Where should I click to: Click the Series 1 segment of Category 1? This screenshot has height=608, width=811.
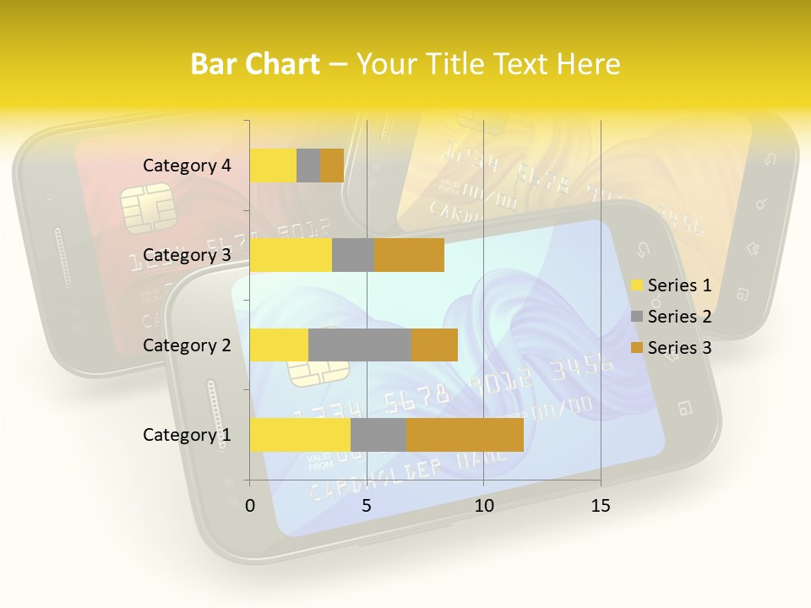pos(300,434)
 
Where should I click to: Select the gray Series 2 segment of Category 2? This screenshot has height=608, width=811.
pos(360,345)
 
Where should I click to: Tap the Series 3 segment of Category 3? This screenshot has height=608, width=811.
pos(409,255)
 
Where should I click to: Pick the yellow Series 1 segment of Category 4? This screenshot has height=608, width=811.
pos(273,166)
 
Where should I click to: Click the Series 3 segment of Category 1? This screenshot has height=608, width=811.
pos(465,434)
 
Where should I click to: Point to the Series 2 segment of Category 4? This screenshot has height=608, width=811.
pos(308,166)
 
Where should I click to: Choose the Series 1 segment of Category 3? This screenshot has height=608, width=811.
pos(291,255)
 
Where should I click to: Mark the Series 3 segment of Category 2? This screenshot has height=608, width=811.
pos(434,345)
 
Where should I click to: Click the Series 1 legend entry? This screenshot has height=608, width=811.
pos(671,285)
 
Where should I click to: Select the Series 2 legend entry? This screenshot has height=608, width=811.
pos(671,317)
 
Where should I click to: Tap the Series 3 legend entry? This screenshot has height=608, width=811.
pos(671,348)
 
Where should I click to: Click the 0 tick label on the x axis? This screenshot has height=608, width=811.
pos(250,506)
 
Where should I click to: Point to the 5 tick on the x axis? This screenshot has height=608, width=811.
pos(367,506)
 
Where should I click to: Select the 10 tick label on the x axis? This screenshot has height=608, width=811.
pos(483,506)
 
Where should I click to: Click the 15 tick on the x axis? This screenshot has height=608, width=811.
pos(601,506)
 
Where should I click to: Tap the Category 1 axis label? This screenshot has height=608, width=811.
pos(187,435)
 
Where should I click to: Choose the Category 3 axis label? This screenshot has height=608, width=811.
pos(187,255)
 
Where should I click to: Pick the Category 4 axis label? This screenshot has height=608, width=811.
pos(187,166)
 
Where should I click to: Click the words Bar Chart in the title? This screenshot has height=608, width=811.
pos(255,64)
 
